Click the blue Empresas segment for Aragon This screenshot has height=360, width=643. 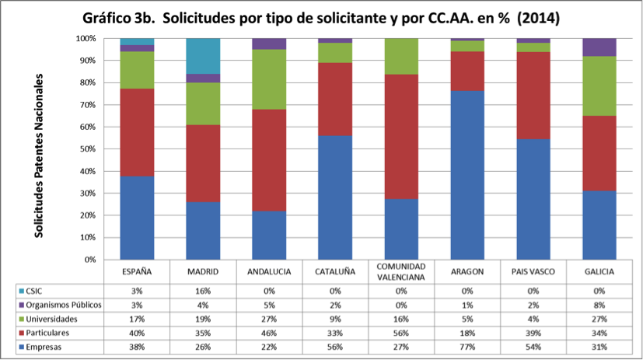[x=467, y=175]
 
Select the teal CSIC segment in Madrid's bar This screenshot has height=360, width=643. [x=203, y=56]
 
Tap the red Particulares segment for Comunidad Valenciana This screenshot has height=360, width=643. [x=401, y=137]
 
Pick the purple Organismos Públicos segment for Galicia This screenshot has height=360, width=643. [x=599, y=47]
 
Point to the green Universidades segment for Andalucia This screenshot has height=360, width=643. [x=269, y=79]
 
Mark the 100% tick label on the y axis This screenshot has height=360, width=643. [x=86, y=39]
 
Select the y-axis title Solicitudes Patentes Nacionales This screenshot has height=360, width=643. [x=39, y=156]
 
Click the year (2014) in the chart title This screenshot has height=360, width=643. [x=539, y=19]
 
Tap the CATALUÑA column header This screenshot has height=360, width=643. [x=335, y=272]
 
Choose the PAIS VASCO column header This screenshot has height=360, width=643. [x=533, y=272]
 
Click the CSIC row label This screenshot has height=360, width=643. [x=33, y=291]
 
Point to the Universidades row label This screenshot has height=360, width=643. [x=51, y=319]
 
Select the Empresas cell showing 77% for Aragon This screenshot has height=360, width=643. [x=467, y=347]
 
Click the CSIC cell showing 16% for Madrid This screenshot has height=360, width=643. [x=203, y=291]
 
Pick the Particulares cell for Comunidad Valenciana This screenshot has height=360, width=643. [x=401, y=333]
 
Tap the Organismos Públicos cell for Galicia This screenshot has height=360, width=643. [x=599, y=305]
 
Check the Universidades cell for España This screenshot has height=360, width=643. [x=137, y=319]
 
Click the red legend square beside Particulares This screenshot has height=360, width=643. [x=22, y=333]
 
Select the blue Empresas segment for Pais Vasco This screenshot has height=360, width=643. [x=533, y=199]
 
